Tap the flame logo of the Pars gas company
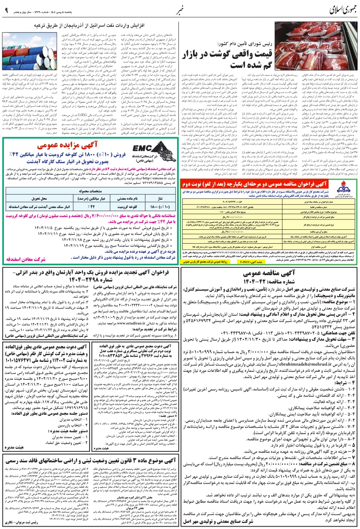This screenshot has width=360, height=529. tap(345, 188)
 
